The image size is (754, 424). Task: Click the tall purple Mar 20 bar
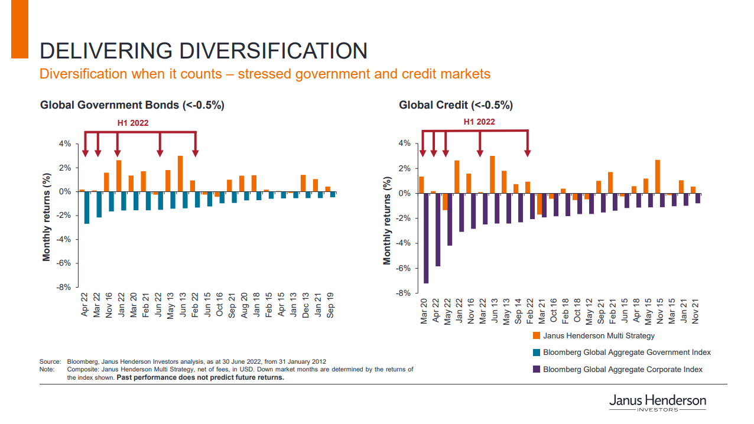click(x=426, y=238)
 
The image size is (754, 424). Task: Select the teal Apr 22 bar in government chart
click(x=87, y=207)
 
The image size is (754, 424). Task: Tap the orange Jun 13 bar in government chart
click(x=180, y=174)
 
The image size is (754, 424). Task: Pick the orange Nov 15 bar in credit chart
click(x=657, y=177)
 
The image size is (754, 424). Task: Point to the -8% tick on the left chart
click(x=64, y=288)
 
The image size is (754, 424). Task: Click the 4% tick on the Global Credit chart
click(x=404, y=143)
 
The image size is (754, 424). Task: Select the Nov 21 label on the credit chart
click(x=696, y=311)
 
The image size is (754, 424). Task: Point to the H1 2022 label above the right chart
click(x=479, y=122)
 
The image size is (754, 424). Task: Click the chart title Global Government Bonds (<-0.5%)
click(x=132, y=105)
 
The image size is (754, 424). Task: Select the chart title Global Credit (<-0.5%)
click(x=456, y=105)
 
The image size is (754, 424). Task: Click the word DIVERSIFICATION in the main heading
click(x=274, y=51)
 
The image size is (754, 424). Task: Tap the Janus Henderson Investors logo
click(x=657, y=403)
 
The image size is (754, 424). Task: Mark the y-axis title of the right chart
click(x=387, y=220)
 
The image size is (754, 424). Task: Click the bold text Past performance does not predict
click(x=200, y=378)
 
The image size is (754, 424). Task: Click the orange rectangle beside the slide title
click(x=19, y=29)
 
